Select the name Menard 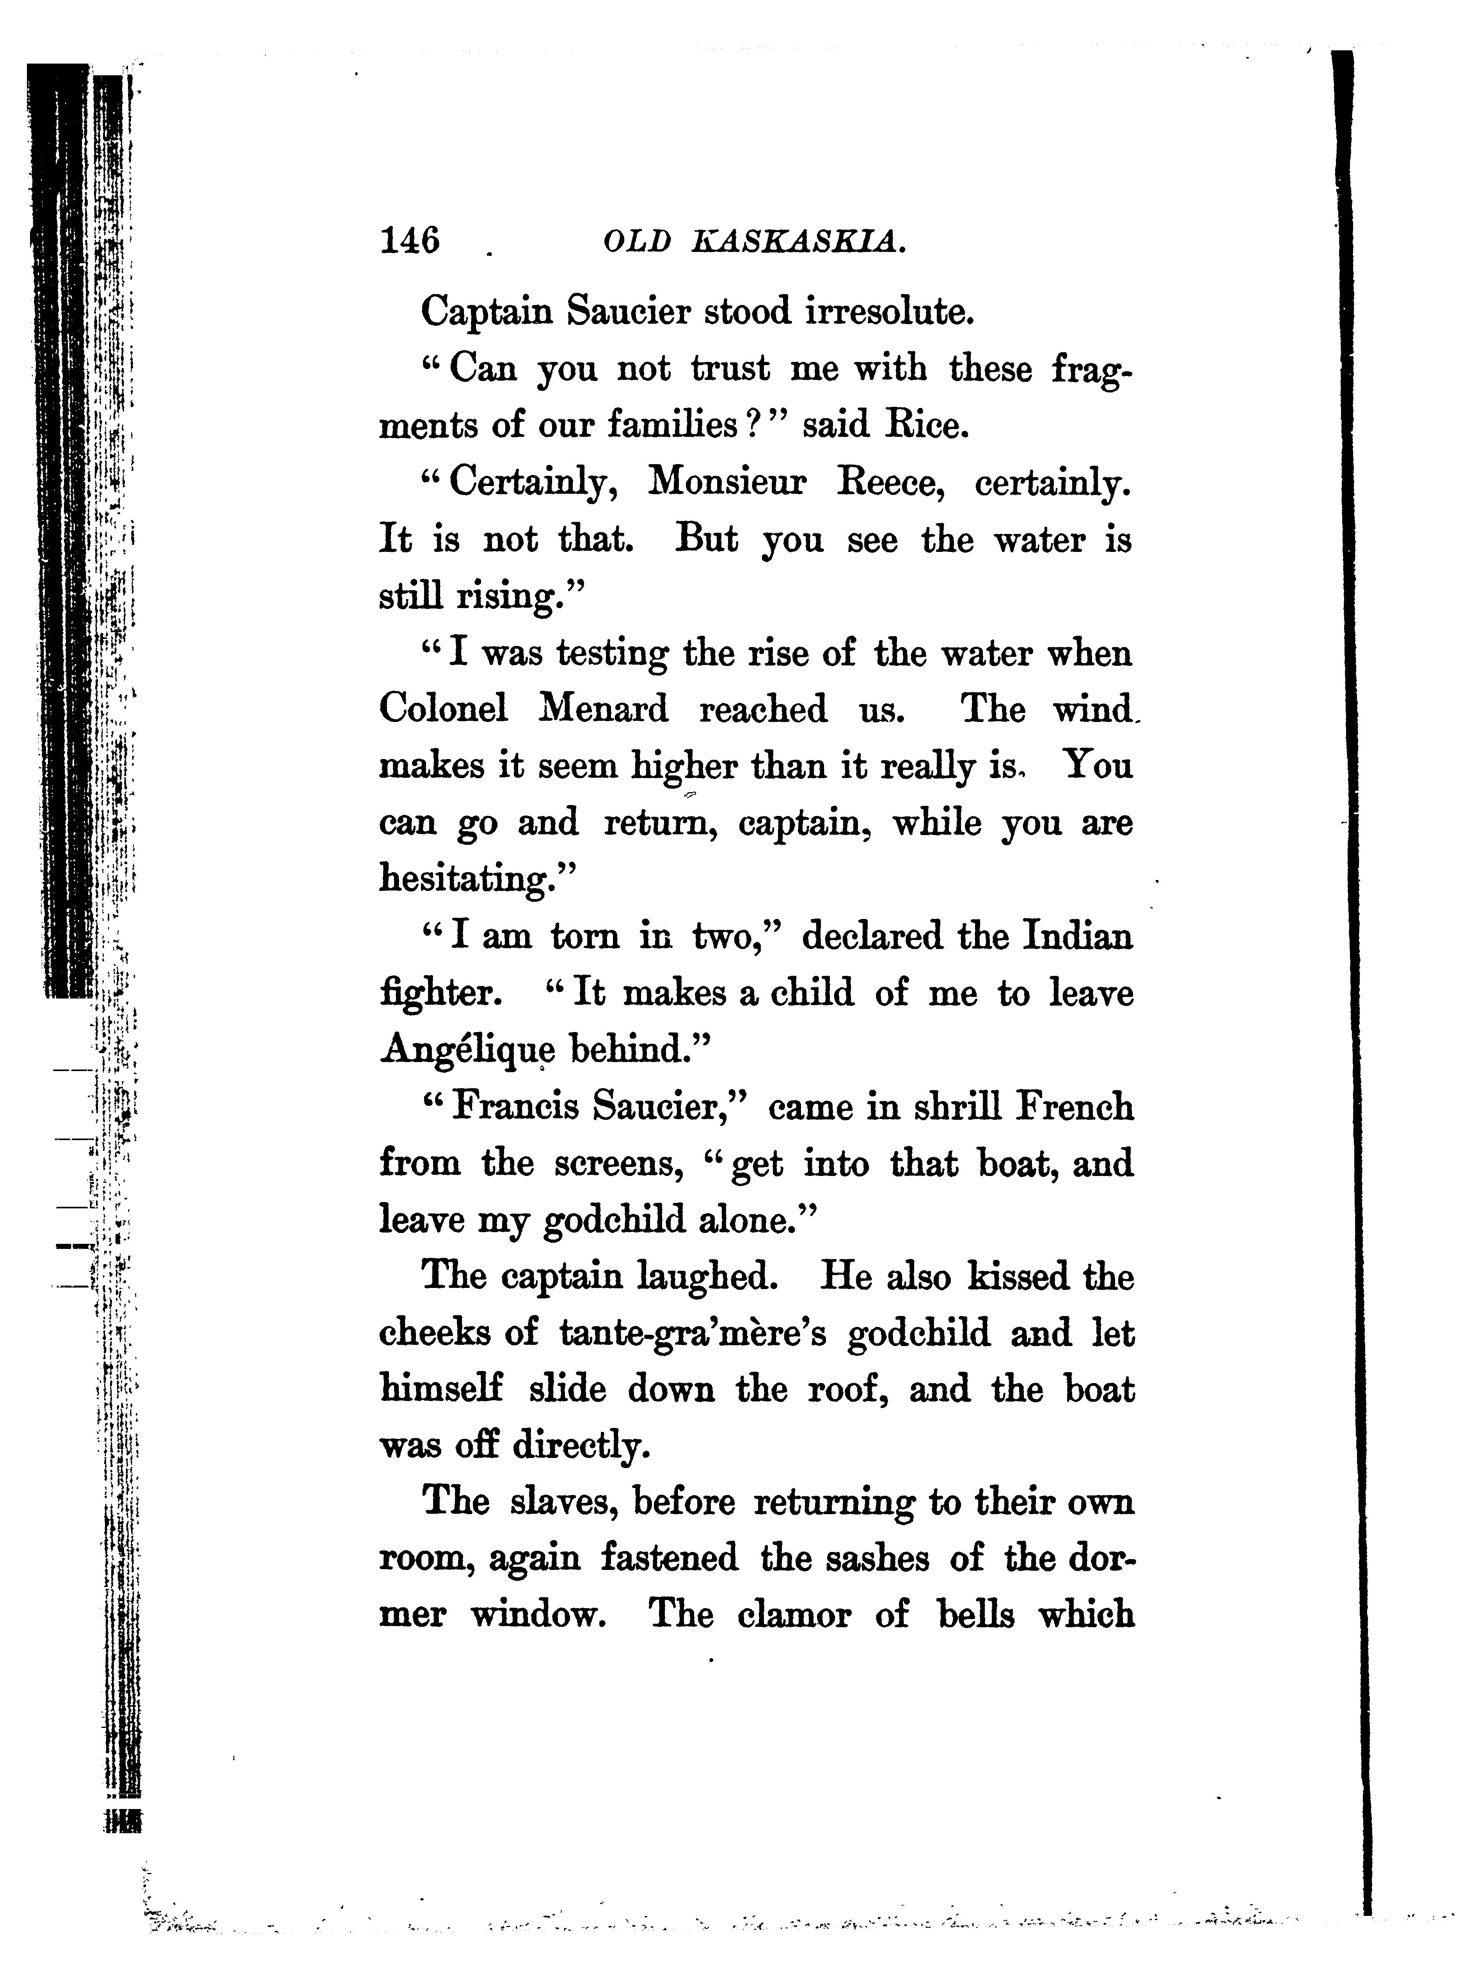coord(604,709)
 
